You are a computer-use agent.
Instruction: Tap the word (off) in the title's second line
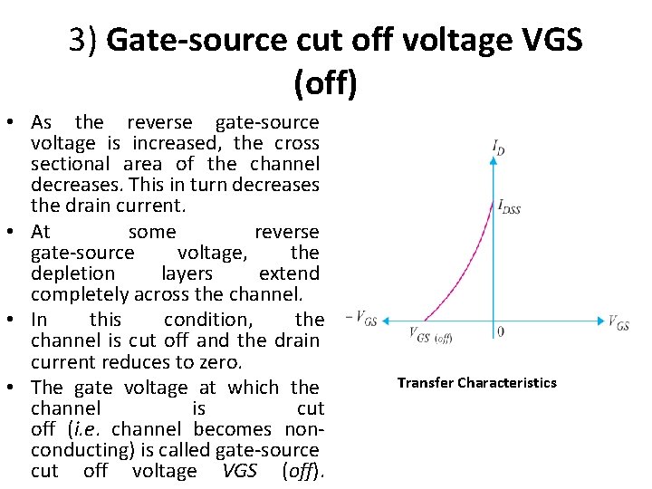[x=325, y=84]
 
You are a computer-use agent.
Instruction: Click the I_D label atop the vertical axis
[x=498, y=146]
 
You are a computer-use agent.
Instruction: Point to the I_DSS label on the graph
[x=509, y=206]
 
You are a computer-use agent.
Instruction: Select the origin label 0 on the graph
[x=500, y=331]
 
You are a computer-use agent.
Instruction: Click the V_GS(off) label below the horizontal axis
[x=430, y=336]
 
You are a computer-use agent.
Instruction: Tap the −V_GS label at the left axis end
[x=362, y=318]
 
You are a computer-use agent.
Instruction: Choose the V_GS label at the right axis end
[x=618, y=322]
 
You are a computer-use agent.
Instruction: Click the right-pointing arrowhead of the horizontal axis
[x=599, y=320]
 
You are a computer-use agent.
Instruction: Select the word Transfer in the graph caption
[x=426, y=383]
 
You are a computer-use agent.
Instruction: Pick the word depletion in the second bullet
[x=72, y=273]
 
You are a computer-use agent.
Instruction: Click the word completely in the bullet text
[x=80, y=294]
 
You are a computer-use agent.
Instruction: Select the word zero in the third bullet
[x=218, y=362]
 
